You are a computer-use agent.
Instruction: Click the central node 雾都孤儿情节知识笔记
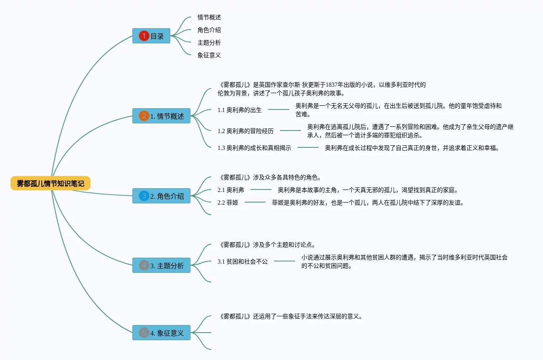(x=51, y=184)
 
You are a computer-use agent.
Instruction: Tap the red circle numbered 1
(x=144, y=36)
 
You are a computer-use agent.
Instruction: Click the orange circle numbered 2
(x=144, y=116)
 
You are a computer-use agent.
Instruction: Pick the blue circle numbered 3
(x=144, y=196)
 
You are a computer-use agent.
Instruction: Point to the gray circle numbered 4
(x=144, y=266)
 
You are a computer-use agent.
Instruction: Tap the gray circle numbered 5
(x=144, y=333)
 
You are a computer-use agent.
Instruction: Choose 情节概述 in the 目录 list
(x=209, y=17)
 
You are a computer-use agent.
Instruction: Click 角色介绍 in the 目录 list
(x=209, y=30)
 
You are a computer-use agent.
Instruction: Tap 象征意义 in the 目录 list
(x=209, y=55)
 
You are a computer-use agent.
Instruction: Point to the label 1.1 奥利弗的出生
(x=240, y=110)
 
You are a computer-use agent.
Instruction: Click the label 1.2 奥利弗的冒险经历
(x=245, y=131)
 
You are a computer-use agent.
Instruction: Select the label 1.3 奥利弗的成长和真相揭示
(x=254, y=148)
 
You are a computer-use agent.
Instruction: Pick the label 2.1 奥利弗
(x=231, y=190)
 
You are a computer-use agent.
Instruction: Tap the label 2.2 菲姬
(x=228, y=203)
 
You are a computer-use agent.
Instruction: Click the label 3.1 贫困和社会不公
(x=242, y=261)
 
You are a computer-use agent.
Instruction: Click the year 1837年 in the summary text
(x=335, y=85)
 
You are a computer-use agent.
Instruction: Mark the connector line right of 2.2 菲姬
(x=255, y=203)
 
